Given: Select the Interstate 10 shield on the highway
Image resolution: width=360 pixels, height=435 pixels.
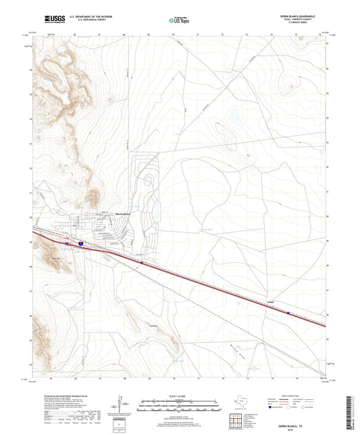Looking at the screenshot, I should tap(81, 240).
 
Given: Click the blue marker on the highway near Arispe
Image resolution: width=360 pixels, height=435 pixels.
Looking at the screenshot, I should tap(288, 313).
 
